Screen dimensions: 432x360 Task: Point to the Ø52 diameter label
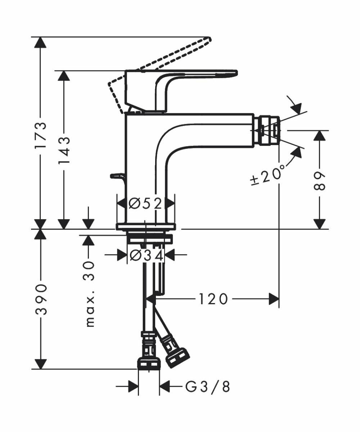click(146, 204)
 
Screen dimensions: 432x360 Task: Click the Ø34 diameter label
click(146, 255)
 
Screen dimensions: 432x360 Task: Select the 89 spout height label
click(319, 181)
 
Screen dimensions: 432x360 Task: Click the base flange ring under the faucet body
click(146, 226)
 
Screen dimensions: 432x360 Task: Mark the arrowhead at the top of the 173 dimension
click(41, 42)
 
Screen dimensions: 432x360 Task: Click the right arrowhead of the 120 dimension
click(274, 299)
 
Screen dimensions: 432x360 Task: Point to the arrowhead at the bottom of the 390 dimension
click(41, 364)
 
